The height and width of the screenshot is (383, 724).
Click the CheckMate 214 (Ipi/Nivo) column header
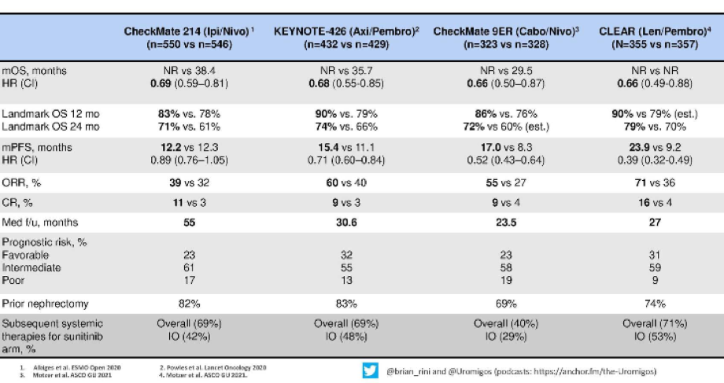pos(189,38)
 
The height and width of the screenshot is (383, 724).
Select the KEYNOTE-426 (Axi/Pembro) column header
pos(346,38)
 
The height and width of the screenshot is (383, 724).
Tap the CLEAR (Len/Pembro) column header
pos(655,38)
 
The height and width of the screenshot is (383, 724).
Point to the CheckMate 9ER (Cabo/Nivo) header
pos(506,38)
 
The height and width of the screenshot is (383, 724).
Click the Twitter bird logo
pos(371,370)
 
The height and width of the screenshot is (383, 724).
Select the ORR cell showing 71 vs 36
pos(655,182)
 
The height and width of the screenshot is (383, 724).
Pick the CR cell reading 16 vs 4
pos(655,203)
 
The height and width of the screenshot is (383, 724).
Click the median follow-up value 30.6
pos(346,223)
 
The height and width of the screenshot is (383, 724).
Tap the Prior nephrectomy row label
pos(46,304)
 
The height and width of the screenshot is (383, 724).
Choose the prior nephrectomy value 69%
pos(506,304)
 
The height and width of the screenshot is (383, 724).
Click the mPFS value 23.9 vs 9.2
pos(655,148)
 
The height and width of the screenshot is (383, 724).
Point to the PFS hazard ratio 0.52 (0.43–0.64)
pos(506,160)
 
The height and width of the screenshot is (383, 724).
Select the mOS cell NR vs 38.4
pos(189,71)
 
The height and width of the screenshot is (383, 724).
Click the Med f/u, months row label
pos(40,223)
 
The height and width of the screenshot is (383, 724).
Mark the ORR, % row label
pos(21,182)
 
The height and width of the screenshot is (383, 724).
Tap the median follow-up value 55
pos(190,223)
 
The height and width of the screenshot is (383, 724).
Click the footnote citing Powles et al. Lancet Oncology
pos(212,368)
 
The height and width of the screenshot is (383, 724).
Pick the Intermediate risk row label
pos(31,267)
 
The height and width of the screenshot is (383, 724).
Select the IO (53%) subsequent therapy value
pos(655,337)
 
